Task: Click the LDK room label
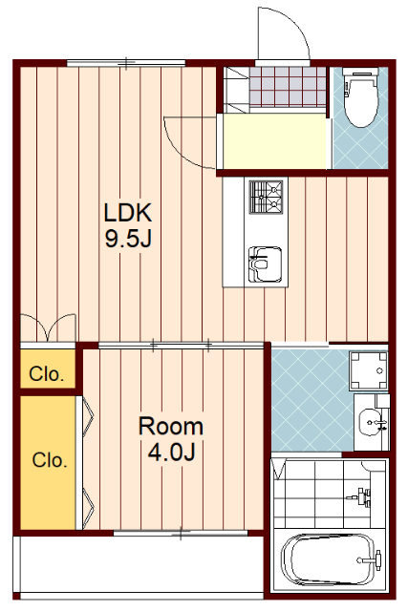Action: [127, 213]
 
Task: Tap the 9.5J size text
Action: [128, 239]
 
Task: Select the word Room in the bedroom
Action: [171, 427]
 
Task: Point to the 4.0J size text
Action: [171, 452]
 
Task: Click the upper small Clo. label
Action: [47, 374]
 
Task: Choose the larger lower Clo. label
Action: [50, 460]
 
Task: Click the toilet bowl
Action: [361, 97]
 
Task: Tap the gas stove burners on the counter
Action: [266, 198]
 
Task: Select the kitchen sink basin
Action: [266, 264]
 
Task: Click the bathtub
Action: [330, 560]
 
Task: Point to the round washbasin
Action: [371, 422]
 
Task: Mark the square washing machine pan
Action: [368, 370]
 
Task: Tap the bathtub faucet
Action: [371, 560]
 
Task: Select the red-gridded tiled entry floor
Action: [288, 87]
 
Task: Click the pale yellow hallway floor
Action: [274, 141]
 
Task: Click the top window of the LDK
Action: [126, 63]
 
